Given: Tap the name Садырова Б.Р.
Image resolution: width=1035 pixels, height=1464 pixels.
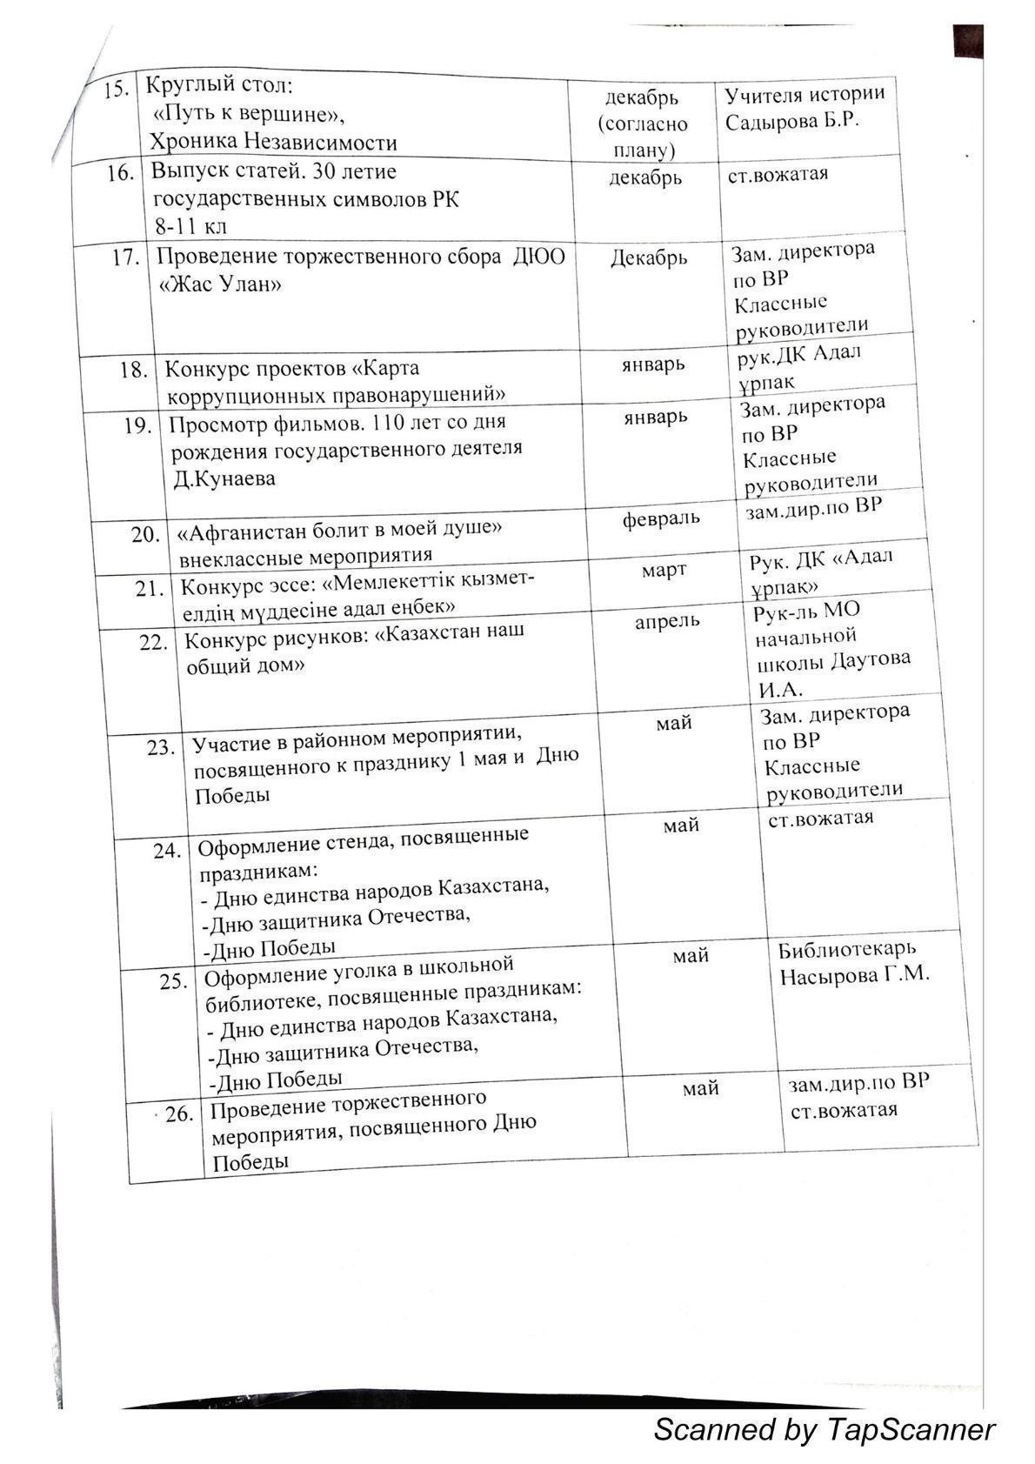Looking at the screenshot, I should [792, 121].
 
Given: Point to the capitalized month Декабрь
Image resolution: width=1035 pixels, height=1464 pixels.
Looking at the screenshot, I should [649, 257].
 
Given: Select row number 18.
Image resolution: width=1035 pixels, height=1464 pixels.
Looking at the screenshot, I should [134, 370].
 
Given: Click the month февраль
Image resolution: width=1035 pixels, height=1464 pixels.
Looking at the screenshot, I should [661, 519].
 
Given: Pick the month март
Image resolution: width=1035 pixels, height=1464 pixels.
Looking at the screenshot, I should [664, 570].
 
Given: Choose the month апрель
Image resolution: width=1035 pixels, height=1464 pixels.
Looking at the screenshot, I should [667, 621].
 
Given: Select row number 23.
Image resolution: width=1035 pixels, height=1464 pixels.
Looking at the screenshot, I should [161, 747].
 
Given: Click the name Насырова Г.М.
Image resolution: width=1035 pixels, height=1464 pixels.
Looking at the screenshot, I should [854, 974].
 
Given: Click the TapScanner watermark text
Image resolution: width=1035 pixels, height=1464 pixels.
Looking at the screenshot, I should [823, 1429].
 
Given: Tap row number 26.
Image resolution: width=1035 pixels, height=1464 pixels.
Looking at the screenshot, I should [178, 1113].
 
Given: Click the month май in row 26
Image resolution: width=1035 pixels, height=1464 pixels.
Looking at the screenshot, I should [700, 1088].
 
